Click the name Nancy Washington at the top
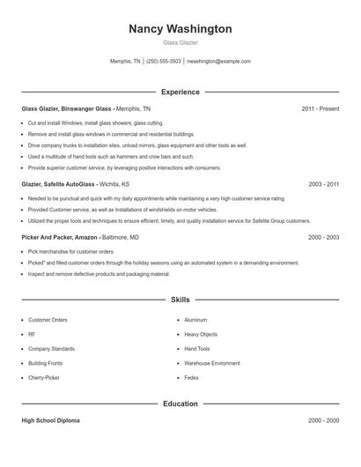click(180, 29)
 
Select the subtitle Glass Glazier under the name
click(180, 42)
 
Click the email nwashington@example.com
click(219, 62)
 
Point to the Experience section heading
click(180, 92)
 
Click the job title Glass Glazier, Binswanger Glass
click(66, 108)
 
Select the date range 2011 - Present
click(320, 108)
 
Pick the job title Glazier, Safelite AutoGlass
click(59, 185)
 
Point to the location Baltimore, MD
click(121, 237)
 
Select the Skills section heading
click(180, 300)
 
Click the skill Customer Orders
click(48, 320)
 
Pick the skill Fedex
click(192, 376)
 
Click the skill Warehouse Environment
click(211, 362)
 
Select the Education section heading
click(180, 404)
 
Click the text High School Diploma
click(50, 420)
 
